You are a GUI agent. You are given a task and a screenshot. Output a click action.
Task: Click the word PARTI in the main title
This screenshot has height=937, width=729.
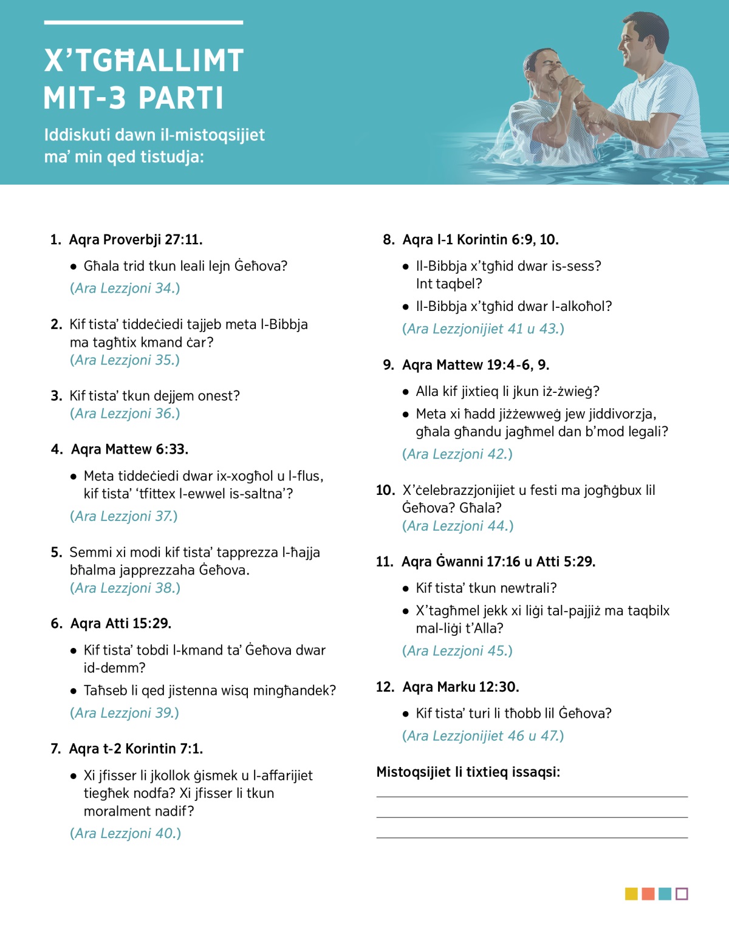click(181, 98)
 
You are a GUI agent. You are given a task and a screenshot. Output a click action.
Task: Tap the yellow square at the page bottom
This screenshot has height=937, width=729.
click(631, 894)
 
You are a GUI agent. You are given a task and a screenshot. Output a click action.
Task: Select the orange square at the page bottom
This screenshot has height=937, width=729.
click(648, 894)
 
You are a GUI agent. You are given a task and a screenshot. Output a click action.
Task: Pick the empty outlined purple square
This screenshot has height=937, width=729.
click(682, 894)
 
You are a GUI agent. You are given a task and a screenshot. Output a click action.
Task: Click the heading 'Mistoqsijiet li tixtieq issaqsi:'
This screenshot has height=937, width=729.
click(468, 772)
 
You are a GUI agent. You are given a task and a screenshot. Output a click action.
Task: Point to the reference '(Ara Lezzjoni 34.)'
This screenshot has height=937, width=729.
click(125, 288)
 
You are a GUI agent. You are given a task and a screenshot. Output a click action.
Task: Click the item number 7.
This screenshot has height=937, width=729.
click(55, 749)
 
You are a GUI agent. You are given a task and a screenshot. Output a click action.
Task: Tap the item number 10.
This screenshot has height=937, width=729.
click(385, 490)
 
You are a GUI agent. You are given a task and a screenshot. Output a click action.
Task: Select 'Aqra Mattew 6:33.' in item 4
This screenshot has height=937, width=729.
click(129, 449)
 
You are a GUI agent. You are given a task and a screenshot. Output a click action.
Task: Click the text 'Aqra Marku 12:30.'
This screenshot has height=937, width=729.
click(460, 687)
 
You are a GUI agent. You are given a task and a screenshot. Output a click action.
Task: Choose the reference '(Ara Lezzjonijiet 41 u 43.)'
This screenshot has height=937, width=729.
click(483, 329)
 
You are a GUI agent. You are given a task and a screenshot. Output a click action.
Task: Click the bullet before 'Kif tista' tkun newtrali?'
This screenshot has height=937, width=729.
click(406, 588)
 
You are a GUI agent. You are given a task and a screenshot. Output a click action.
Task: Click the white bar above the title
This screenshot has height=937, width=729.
click(143, 22)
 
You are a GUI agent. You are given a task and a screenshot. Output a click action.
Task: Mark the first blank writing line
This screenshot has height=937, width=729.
click(532, 796)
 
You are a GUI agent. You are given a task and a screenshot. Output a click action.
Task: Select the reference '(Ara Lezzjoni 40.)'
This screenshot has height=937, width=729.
click(125, 833)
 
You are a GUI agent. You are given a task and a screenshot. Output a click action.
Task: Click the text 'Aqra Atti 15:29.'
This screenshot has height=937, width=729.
click(121, 624)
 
